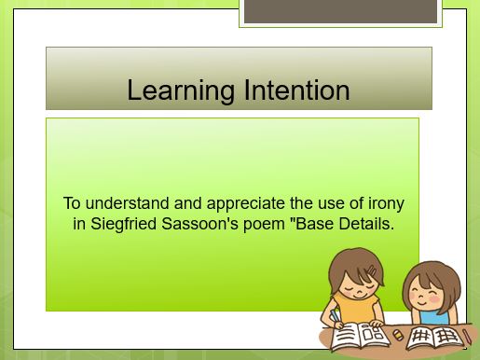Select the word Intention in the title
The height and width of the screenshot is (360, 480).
pos(295,90)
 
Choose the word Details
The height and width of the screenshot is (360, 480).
pos(365,224)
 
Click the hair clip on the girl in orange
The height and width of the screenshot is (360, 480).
pos(372,273)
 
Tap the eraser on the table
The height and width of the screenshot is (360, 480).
pos(398,333)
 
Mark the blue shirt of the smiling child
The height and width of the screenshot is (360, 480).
pos(419,319)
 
